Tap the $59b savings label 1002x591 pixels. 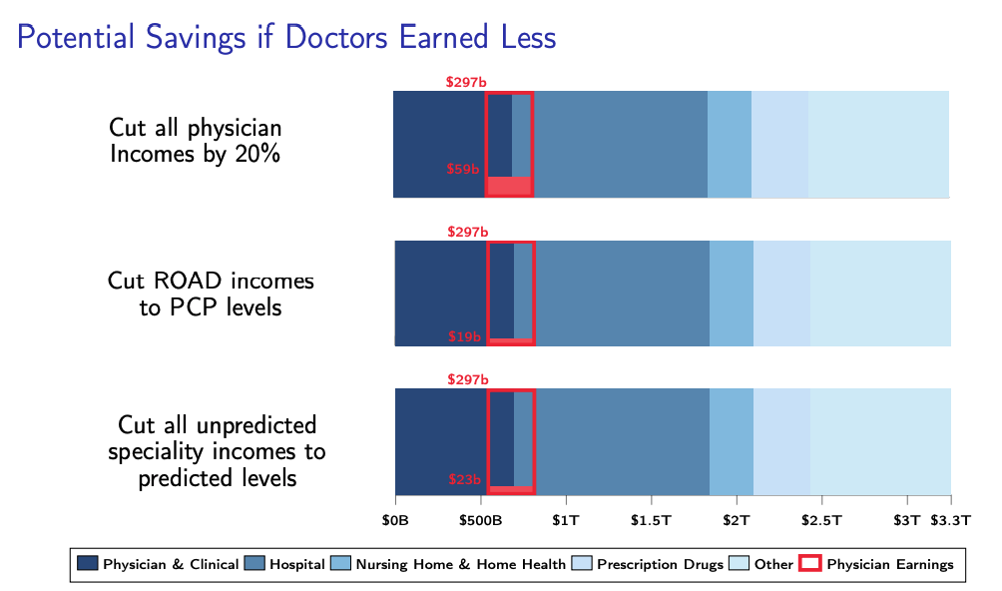[462, 170]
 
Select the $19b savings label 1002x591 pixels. [464, 337]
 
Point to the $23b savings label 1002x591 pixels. [464, 480]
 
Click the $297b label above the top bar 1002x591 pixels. [466, 82]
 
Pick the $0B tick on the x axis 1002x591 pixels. [396, 520]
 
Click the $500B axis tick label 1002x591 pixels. [481, 520]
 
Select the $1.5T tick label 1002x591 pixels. [652, 520]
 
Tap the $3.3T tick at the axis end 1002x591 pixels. [950, 520]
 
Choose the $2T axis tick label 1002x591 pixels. [737, 520]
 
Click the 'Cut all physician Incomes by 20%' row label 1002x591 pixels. [196, 141]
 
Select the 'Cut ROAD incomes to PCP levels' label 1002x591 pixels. [211, 294]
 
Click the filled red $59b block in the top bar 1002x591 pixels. [509, 186]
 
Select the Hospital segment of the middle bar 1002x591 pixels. [622, 294]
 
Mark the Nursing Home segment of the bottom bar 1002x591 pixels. [731, 441]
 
